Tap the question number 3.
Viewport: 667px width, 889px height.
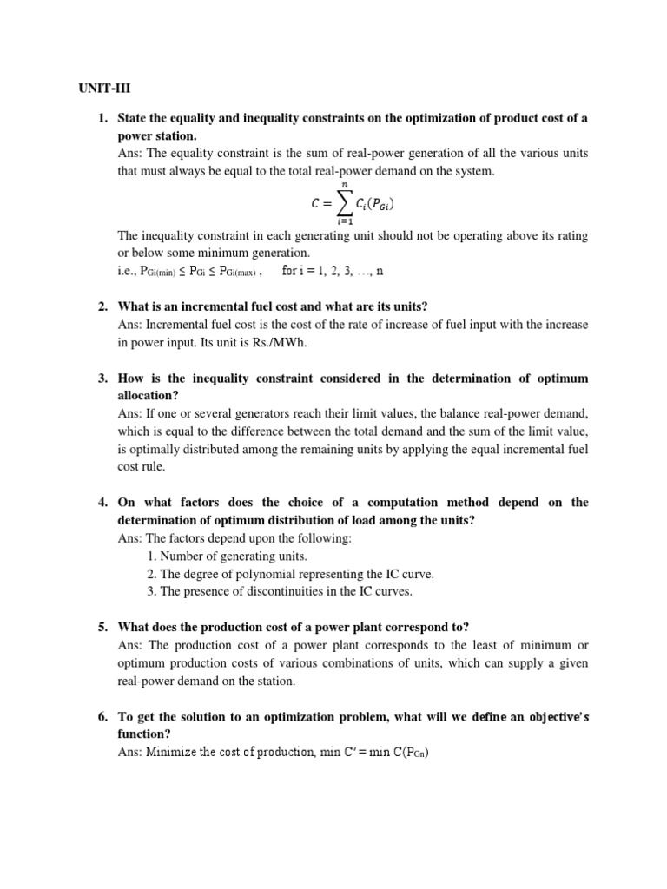pos(102,379)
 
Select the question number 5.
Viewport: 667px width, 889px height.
pos(102,628)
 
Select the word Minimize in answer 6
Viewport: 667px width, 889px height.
pos(175,753)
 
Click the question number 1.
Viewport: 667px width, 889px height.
pos(102,117)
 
